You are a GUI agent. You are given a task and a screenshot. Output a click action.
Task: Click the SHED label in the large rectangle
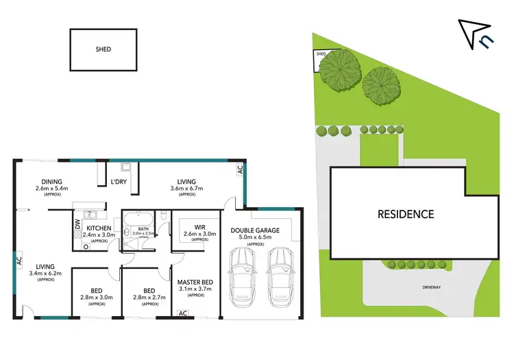pyautogui.click(x=103, y=49)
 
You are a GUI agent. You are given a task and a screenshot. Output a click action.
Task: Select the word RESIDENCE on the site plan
pyautogui.click(x=406, y=214)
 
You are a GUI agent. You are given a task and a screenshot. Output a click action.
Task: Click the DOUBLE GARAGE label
pyautogui.click(x=256, y=230)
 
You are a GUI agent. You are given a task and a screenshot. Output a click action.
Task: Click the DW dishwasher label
pyautogui.click(x=77, y=225)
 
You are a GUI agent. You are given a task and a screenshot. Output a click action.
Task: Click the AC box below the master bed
pyautogui.click(x=182, y=313)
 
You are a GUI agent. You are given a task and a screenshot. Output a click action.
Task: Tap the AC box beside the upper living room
pyautogui.click(x=240, y=169)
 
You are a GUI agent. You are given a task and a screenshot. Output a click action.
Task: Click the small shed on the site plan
pyautogui.click(x=320, y=55)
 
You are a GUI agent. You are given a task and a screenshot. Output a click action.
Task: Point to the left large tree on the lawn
pyautogui.click(x=338, y=68)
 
